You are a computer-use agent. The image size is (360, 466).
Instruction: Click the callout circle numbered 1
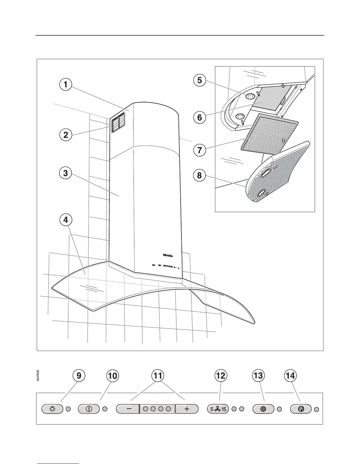[x=65, y=85]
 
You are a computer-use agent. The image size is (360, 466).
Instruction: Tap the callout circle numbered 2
[x=65, y=135]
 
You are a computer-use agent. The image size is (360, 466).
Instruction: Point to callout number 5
[x=199, y=80]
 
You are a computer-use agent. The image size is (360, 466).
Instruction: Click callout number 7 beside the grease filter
[x=199, y=150]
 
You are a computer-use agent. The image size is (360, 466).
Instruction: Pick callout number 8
[x=199, y=176]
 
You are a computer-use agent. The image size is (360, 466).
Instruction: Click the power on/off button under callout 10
[x=89, y=409]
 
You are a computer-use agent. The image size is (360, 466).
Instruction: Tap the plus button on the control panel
[x=187, y=409]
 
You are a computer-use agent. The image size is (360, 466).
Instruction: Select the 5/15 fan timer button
[x=218, y=409]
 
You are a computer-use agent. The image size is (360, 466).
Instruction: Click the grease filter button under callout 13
[x=263, y=409]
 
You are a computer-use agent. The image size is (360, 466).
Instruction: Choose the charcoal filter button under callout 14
[x=301, y=409]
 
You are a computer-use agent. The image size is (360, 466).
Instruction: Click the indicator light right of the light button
[x=68, y=409]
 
